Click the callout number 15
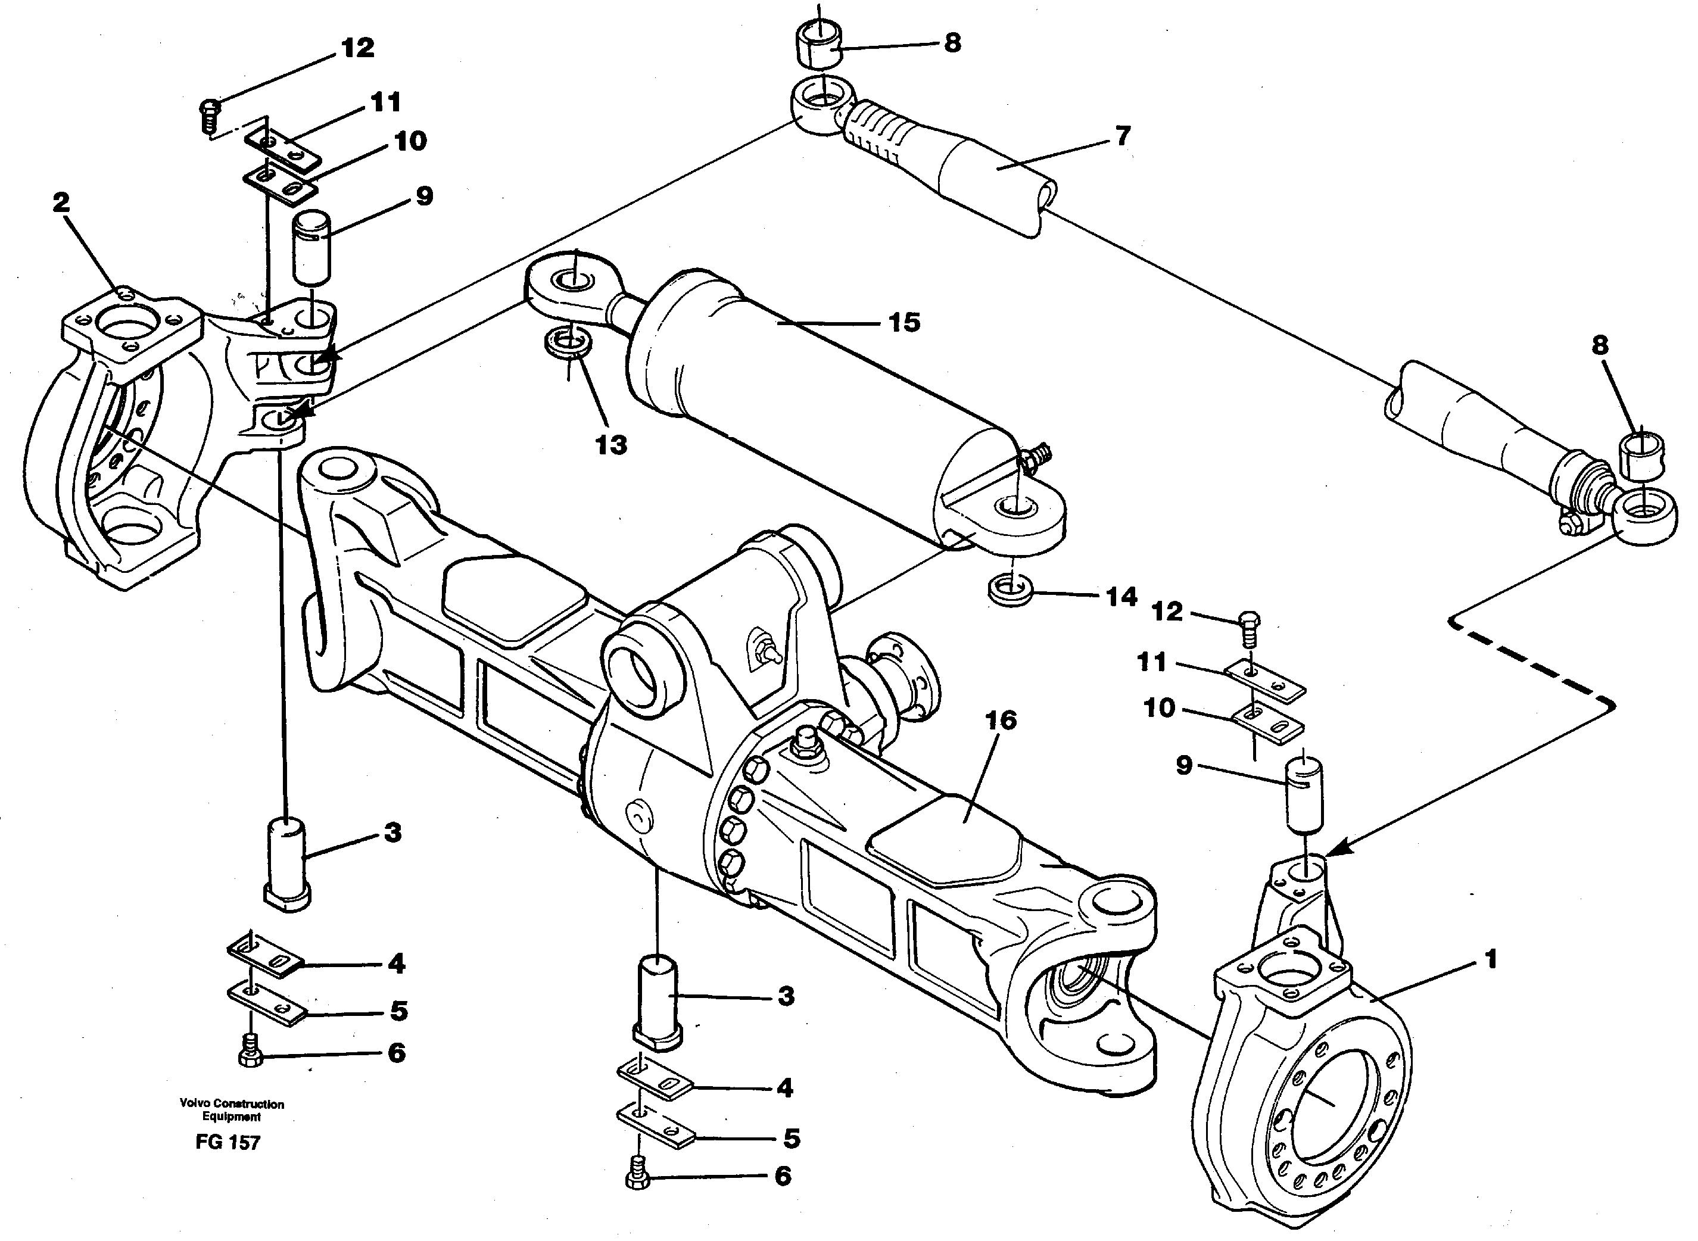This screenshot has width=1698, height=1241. coord(904,323)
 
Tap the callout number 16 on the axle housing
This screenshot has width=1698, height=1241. coord(999,721)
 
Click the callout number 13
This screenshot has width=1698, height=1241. coord(611,445)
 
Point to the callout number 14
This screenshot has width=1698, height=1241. coord(1121,597)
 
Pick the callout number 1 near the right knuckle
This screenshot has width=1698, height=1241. coord(1491,959)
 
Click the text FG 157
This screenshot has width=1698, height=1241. coord(228,1143)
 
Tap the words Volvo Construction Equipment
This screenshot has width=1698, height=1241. coord(232,1109)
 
